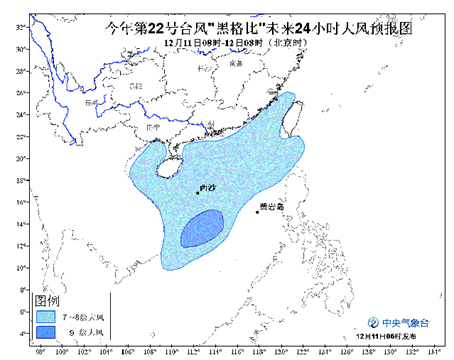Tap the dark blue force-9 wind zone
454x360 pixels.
[203, 230]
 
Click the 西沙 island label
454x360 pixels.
[208, 187]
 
